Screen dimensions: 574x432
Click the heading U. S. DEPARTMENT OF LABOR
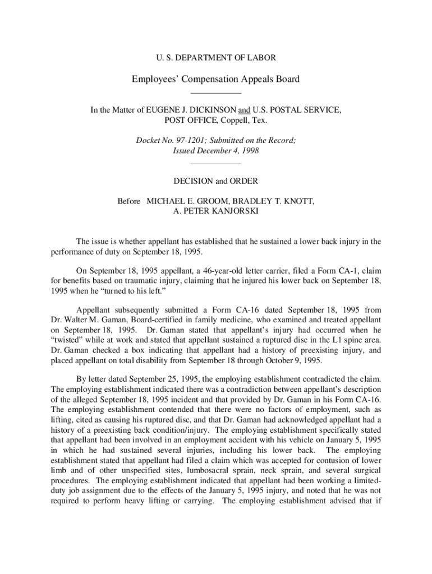pos(215,57)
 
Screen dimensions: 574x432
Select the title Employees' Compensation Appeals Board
pos(215,79)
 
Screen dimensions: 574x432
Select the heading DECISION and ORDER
pos(215,181)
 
